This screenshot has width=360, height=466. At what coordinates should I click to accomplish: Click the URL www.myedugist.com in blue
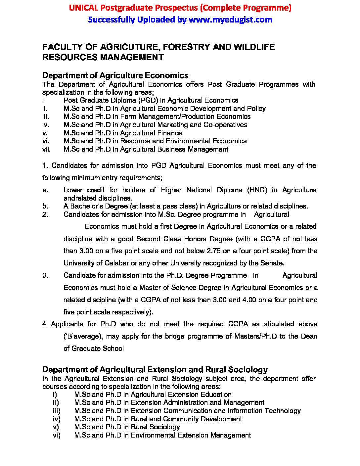tap(230, 20)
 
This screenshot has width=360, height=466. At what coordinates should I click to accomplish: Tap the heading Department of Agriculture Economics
tap(115, 75)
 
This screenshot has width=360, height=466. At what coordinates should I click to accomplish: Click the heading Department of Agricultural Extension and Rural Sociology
tap(155, 370)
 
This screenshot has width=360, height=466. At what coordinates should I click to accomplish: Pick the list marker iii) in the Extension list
tap(57, 411)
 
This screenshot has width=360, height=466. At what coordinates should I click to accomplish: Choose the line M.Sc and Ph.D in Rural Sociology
tap(127, 427)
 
